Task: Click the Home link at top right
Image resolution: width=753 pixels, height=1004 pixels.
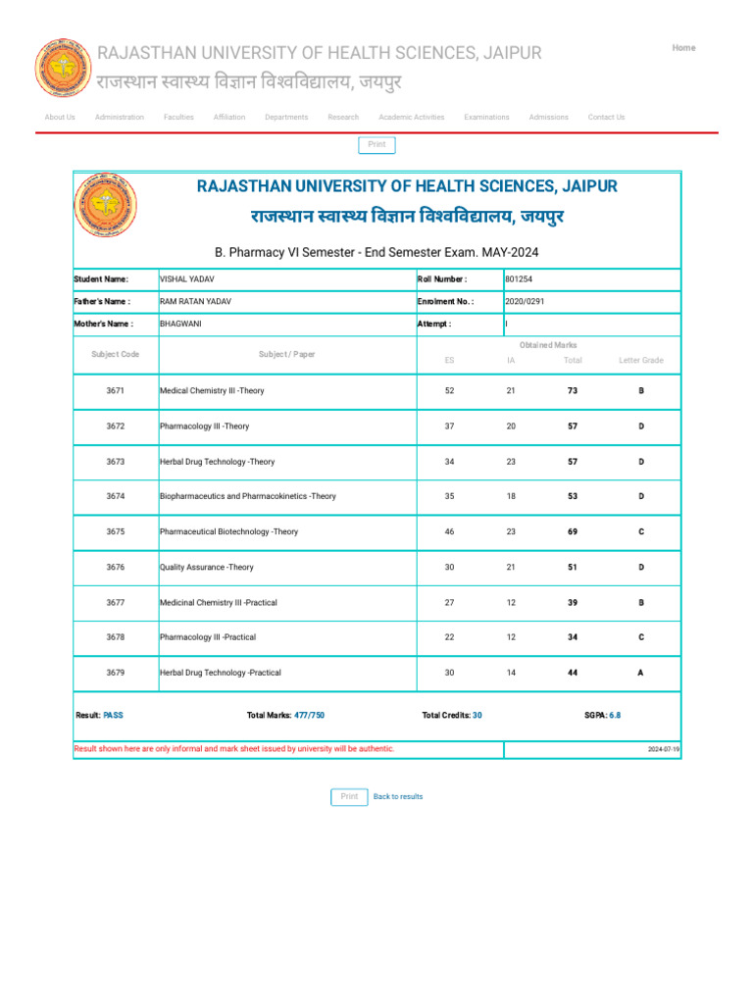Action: pos(683,48)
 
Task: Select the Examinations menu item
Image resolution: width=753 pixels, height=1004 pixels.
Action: pos(486,118)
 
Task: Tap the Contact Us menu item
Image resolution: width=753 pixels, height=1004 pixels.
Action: pos(606,118)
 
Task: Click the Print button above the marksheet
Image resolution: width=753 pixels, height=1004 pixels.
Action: pos(376,145)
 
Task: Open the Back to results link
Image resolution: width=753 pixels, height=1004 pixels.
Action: pos(398,797)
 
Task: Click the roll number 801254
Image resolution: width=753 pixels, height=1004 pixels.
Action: pos(519,279)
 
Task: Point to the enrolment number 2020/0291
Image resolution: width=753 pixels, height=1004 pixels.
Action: pos(525,302)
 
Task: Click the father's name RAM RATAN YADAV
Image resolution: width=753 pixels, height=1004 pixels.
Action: pos(195,302)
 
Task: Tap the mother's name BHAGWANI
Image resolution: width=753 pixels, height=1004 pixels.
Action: pos(180,324)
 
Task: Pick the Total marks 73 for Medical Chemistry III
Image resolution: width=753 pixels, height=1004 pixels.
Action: pos(573,391)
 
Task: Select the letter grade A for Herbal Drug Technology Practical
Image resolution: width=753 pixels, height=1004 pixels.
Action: pos(641,674)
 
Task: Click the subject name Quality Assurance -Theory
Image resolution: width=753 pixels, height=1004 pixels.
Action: pos(206,568)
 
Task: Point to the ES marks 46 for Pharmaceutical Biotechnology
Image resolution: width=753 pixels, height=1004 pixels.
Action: pos(449,532)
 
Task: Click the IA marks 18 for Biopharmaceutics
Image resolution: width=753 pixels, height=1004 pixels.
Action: pos(511,497)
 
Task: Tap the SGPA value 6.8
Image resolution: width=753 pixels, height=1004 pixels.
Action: pos(615,716)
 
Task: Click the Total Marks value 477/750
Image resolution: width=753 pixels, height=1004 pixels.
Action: pos(309,716)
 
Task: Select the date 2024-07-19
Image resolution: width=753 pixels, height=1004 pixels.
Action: pos(664,749)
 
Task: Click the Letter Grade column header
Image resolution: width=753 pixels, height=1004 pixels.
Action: pos(641,361)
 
